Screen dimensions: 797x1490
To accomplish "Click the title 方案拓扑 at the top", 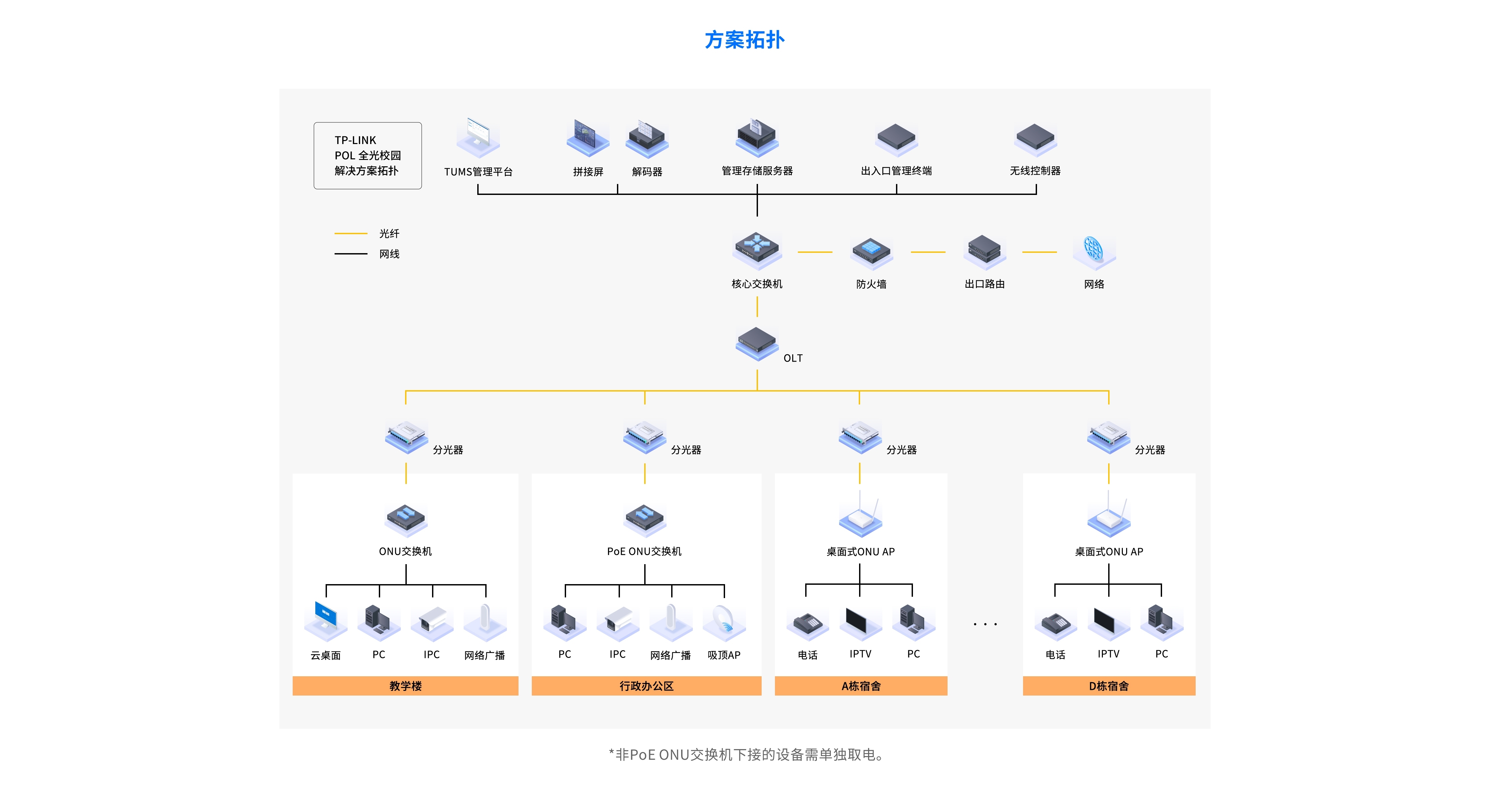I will point(744,40).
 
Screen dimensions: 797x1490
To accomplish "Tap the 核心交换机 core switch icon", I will point(757,249).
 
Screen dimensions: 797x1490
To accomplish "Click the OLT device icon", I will point(757,342).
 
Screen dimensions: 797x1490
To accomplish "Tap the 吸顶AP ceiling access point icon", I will point(724,622).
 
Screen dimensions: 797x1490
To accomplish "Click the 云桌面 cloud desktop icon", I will point(326,620).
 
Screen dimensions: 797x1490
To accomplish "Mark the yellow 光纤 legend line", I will point(351,234).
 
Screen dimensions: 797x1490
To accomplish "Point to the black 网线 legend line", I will point(351,254).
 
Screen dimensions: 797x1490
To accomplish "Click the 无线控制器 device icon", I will point(1035,139).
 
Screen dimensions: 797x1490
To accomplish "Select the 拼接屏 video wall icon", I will point(588,138).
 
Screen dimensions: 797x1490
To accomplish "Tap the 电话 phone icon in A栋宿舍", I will point(808,623).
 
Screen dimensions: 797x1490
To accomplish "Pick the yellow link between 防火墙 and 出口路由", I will point(928,252).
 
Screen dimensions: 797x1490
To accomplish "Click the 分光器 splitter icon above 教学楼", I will point(407,437).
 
